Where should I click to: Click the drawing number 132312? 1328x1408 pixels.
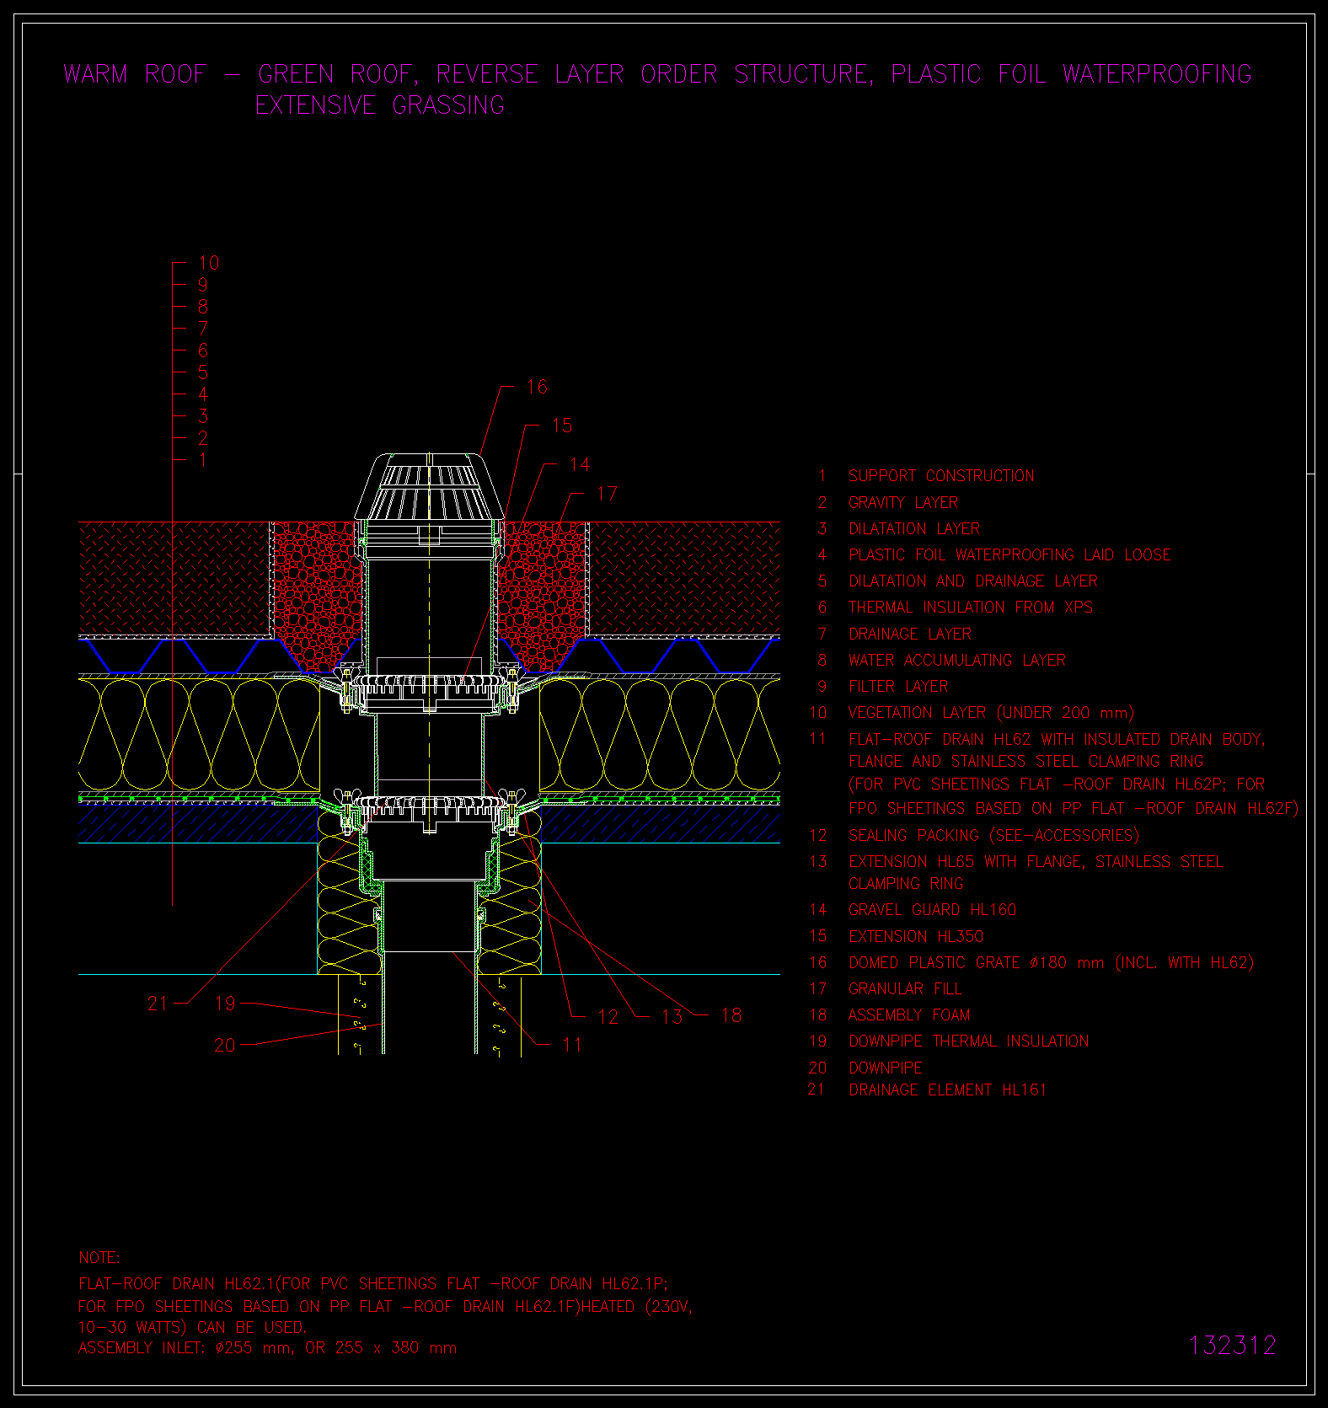[x=1232, y=1346]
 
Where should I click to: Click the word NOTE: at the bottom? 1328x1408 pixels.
[x=99, y=1258]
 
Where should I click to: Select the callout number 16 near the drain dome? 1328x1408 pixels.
[x=537, y=387]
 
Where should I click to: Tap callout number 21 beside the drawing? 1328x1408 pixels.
[x=158, y=1004]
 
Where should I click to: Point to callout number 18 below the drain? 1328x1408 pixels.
[x=731, y=1015]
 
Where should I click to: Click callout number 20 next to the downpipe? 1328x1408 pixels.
[x=225, y=1046]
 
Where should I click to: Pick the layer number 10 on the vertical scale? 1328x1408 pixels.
[x=208, y=263]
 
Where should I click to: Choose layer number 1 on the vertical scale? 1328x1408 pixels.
[x=202, y=460]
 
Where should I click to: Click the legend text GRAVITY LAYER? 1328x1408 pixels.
[x=902, y=503]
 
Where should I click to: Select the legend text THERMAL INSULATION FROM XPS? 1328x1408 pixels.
[x=970, y=608]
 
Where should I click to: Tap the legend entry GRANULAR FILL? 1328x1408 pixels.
[x=904, y=989]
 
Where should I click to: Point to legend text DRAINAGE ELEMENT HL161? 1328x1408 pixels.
[x=947, y=1090]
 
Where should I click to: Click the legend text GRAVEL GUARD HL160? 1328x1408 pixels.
[x=932, y=910]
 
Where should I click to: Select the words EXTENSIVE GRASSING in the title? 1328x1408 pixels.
[x=380, y=106]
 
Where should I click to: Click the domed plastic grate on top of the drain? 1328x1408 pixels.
[x=430, y=489]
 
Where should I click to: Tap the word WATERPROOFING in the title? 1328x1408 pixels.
[x=1157, y=74]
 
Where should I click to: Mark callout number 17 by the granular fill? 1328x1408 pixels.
[x=607, y=494]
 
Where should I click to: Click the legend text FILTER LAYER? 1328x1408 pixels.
[x=897, y=687]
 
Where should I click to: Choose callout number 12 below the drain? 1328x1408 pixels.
[x=608, y=1017]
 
